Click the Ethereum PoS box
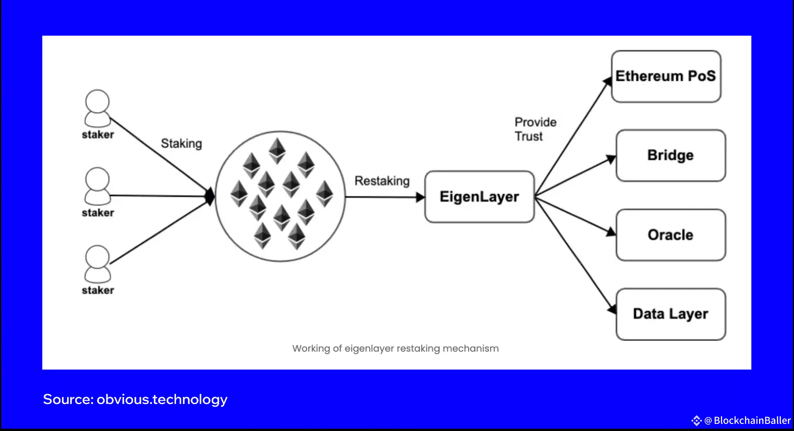666,76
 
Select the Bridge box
671,155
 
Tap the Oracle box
671,235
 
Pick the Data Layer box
671,314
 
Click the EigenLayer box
479,197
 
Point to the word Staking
182,143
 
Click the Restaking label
382,181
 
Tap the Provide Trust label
535,129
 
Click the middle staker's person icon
97,186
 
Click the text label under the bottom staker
98,290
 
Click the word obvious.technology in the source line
162,399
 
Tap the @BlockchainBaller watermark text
747,420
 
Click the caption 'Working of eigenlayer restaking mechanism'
396,348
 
